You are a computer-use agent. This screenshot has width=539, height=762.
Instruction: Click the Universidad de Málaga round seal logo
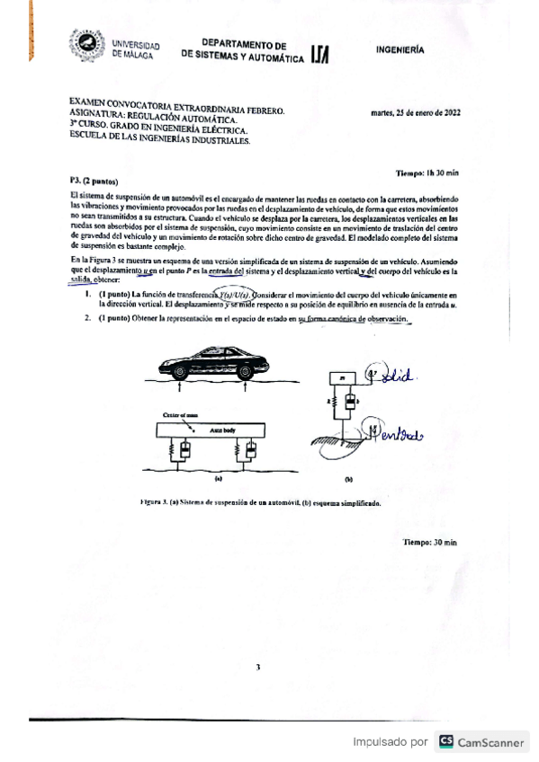87,46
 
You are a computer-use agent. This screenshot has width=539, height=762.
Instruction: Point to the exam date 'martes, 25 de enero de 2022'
416,113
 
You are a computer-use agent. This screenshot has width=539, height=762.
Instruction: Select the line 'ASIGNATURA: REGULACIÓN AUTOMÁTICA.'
154,119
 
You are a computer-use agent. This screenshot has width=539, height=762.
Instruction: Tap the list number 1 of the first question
87,294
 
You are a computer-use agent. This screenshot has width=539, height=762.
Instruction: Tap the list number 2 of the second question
87,320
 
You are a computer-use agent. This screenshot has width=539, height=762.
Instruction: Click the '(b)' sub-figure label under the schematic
348,480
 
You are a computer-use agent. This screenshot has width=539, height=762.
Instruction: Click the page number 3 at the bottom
257,667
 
